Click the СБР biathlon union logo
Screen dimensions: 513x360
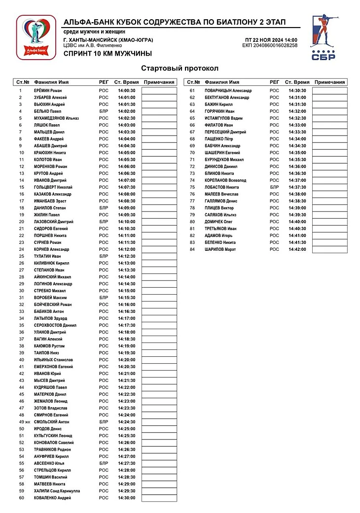point(324,37)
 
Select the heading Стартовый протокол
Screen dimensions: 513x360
point(180,68)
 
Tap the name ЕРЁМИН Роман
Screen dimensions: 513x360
point(48,91)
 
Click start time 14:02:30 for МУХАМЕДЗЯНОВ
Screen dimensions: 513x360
point(127,118)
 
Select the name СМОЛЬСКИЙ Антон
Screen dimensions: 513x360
point(51,422)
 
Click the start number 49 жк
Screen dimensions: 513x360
point(23,422)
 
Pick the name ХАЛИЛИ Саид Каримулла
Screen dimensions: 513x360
point(56,491)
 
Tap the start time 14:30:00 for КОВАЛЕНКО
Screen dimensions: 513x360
point(127,498)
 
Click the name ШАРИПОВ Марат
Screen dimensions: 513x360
point(220,249)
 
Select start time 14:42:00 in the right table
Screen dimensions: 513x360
point(297,249)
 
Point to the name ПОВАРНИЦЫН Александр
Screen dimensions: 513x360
point(228,91)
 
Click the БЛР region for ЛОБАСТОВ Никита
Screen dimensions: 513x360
point(274,187)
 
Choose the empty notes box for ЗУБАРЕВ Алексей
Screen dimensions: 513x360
point(159,98)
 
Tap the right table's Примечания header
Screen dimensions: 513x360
point(330,82)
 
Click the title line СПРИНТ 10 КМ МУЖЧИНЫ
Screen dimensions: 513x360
point(108,53)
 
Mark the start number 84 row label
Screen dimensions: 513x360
point(192,249)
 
